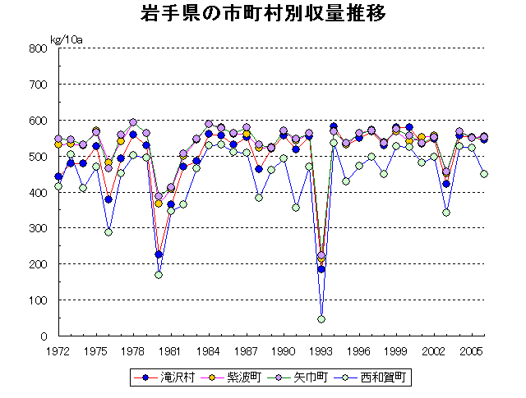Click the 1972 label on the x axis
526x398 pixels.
[58, 350]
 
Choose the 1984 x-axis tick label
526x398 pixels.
[209, 350]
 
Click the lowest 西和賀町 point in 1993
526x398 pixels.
[321, 319]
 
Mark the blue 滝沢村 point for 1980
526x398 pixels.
[159, 254]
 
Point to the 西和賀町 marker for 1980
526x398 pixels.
[159, 275]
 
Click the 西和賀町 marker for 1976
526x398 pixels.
[108, 232]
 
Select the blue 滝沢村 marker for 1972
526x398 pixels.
[58, 176]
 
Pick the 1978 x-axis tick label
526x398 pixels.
[133, 350]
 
